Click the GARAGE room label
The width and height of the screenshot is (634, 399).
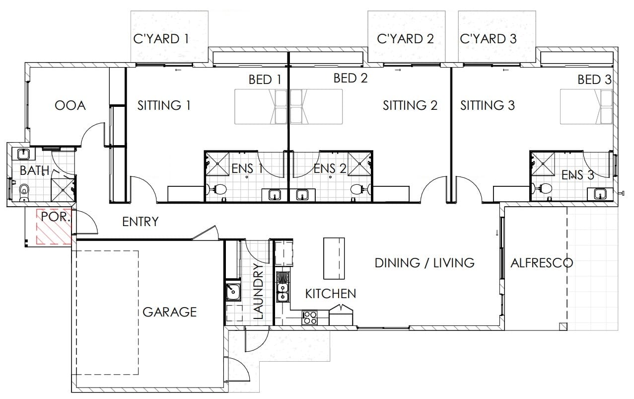tap(169, 312)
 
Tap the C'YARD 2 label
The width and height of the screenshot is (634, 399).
tap(405, 39)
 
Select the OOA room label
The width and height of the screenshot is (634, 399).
tap(70, 106)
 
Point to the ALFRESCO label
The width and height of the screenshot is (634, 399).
tap(542, 263)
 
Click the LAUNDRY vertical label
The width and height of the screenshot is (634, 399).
tap(258, 291)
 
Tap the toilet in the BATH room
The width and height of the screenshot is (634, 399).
tap(24, 191)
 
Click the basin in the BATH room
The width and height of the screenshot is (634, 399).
tap(23, 155)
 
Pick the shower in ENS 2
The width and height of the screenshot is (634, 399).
tap(359, 164)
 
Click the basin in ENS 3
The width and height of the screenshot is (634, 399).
tap(600, 194)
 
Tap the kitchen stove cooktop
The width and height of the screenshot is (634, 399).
tap(310, 318)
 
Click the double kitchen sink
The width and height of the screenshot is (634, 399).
tap(282, 293)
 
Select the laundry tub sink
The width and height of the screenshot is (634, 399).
tap(233, 292)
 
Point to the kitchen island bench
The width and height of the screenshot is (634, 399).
tap(334, 258)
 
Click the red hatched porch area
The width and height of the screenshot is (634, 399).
tap(54, 227)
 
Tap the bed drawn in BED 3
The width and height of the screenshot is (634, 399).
tap(586, 107)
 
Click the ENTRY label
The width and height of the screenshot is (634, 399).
tap(141, 222)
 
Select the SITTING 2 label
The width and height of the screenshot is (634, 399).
tap(410, 106)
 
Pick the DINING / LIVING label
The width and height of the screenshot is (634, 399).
tap(424, 263)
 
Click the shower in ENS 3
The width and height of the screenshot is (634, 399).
tap(543, 164)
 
